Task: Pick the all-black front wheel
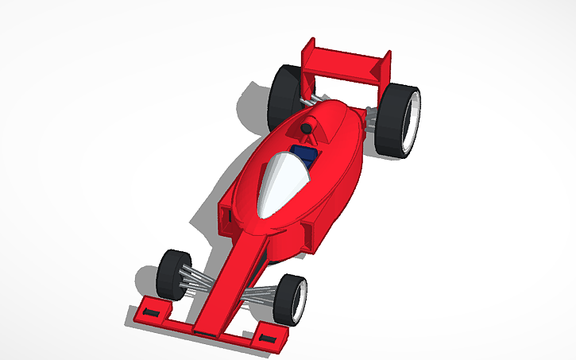click(173, 274)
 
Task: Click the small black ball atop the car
click(306, 128)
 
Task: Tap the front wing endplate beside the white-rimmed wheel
click(269, 336)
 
